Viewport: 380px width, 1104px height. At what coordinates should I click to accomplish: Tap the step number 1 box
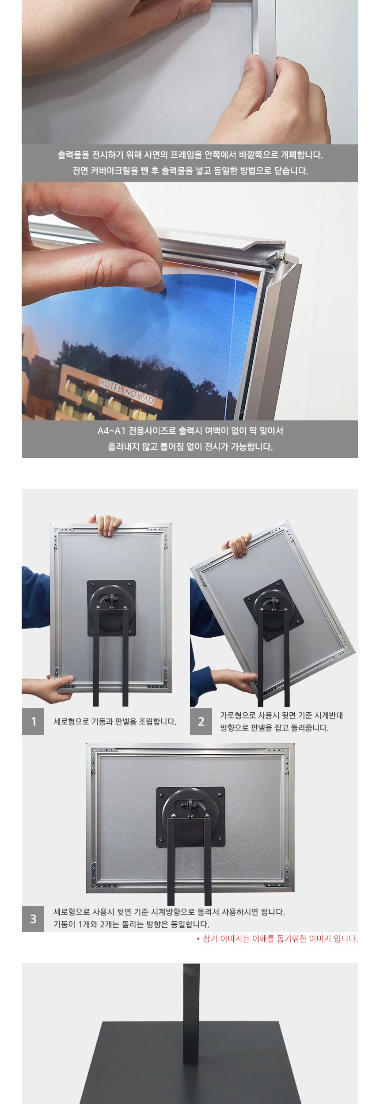click(x=33, y=721)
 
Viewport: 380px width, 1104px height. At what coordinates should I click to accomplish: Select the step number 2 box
click(x=201, y=721)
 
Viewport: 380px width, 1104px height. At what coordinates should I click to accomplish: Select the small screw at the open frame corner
click(x=279, y=255)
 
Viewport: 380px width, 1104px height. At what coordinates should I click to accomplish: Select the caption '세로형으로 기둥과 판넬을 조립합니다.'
click(x=115, y=722)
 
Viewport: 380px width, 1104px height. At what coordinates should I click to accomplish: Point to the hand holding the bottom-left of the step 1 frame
click(x=46, y=688)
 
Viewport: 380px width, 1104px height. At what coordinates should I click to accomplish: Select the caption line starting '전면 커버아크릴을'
click(x=190, y=171)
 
